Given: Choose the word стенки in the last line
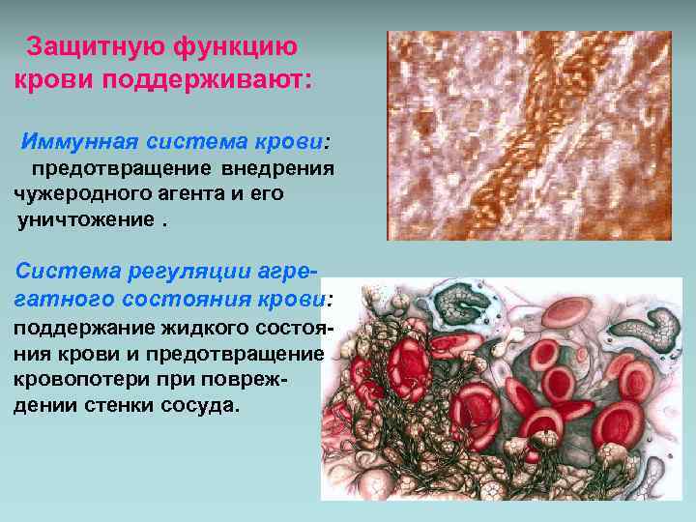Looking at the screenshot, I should (125, 405).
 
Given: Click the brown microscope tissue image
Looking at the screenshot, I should (529, 135).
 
